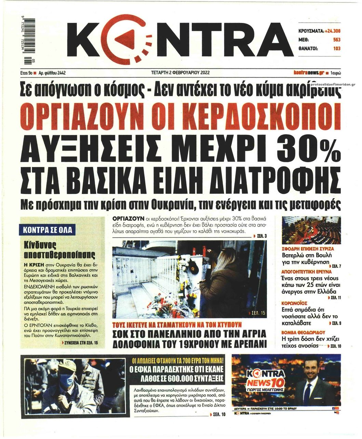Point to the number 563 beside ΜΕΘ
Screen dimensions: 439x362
point(337,40)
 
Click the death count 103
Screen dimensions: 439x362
point(337,49)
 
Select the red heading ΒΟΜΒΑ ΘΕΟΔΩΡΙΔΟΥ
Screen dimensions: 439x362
point(303,332)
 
